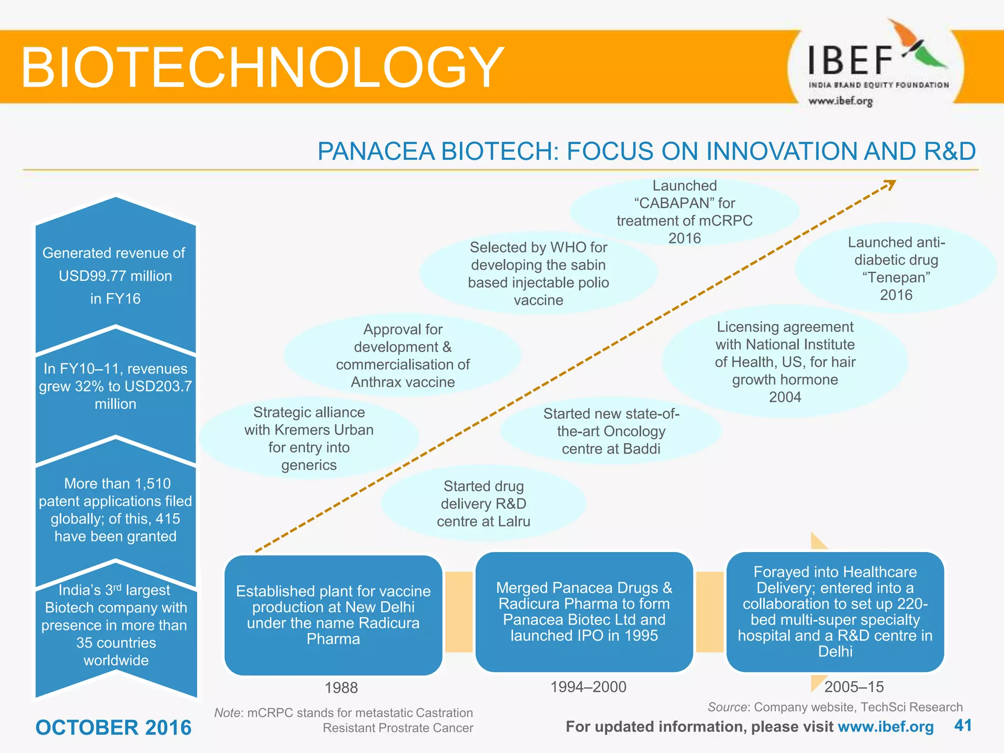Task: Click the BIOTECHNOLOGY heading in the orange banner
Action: point(262,67)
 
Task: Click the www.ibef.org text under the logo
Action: point(840,101)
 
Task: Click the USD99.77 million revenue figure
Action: point(115,276)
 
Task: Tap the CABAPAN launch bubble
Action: point(684,212)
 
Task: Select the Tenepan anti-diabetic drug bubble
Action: point(896,269)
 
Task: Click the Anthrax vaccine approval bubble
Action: point(402,355)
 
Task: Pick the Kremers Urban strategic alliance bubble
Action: point(309,438)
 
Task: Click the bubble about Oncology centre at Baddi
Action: point(611,431)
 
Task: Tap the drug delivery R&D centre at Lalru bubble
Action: point(483,503)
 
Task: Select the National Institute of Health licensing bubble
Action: point(785,362)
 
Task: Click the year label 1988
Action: point(341,688)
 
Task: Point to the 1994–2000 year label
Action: point(588,687)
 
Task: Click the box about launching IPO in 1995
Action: point(584,611)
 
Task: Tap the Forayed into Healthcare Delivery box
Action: point(835,611)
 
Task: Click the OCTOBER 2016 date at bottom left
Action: point(113,728)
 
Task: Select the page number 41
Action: point(963,726)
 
